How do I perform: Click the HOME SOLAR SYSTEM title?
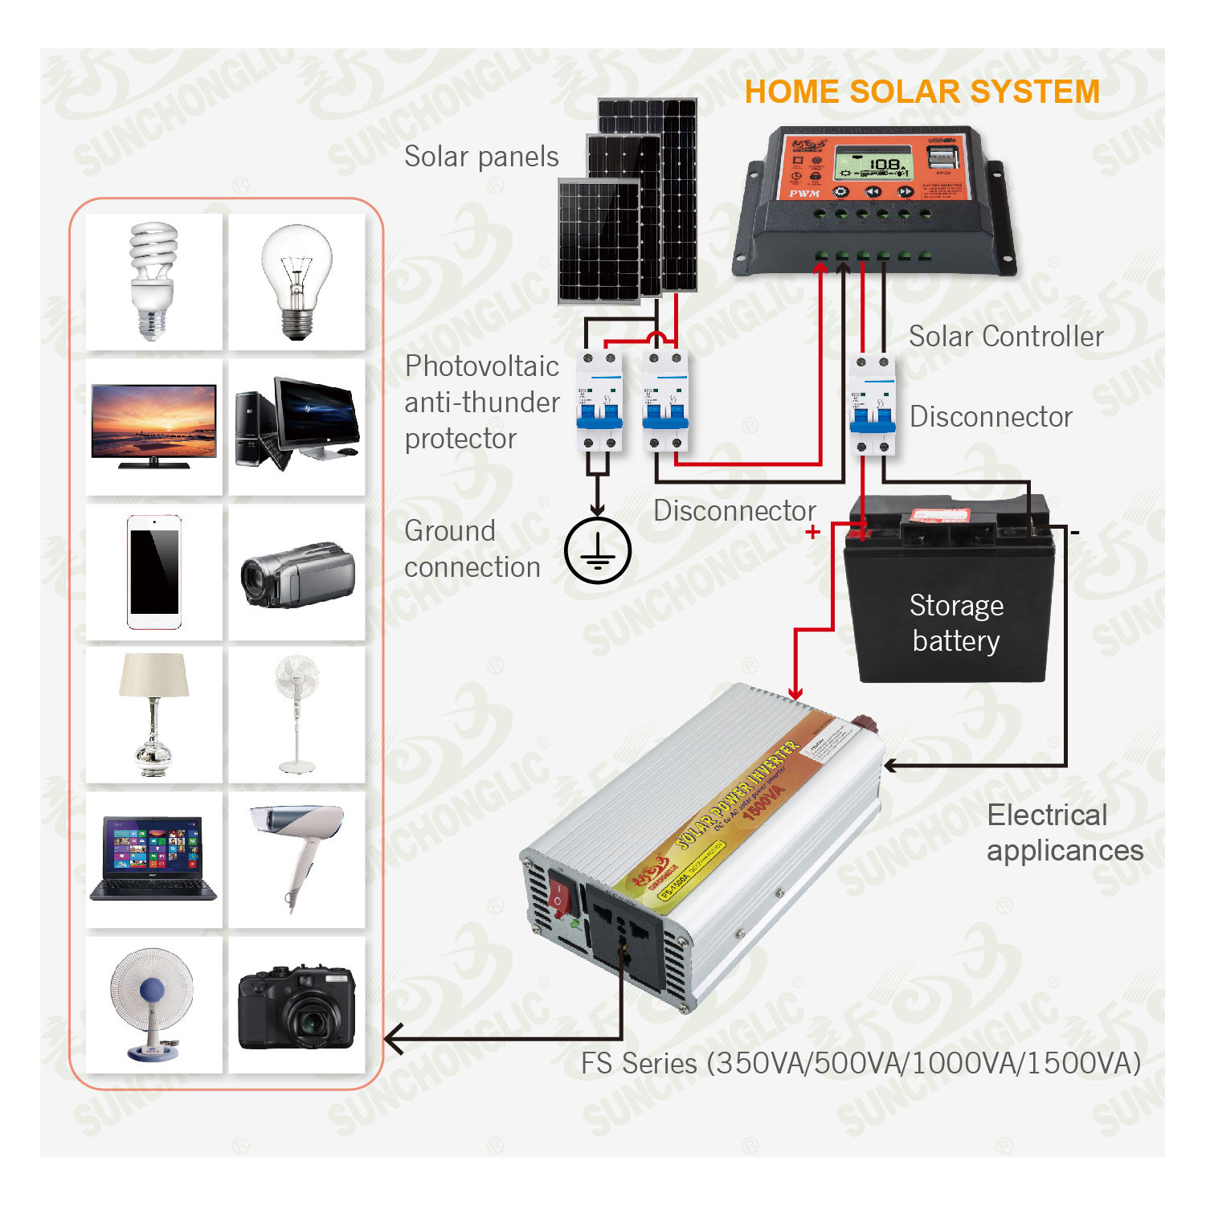pyautogui.click(x=922, y=92)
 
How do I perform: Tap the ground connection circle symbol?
pyautogui.click(x=598, y=551)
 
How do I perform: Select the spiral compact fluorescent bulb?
pyautogui.click(x=153, y=280)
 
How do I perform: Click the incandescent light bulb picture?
pyautogui.click(x=296, y=280)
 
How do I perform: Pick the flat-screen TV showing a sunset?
pyautogui.click(x=153, y=425)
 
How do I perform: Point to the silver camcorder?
pyautogui.click(x=298, y=574)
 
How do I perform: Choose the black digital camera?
pyautogui.click(x=296, y=1007)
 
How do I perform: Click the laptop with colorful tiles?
pyautogui.click(x=153, y=858)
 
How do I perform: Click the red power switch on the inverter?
pyautogui.click(x=560, y=896)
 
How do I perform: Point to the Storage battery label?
pyautogui.click(x=956, y=623)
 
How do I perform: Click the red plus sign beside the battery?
pyautogui.click(x=813, y=532)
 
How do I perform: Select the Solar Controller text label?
pyautogui.click(x=1006, y=337)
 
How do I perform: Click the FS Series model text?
pyautogui.click(x=861, y=1063)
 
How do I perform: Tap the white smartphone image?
pyautogui.click(x=153, y=572)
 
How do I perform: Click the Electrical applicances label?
pyautogui.click(x=1064, y=832)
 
